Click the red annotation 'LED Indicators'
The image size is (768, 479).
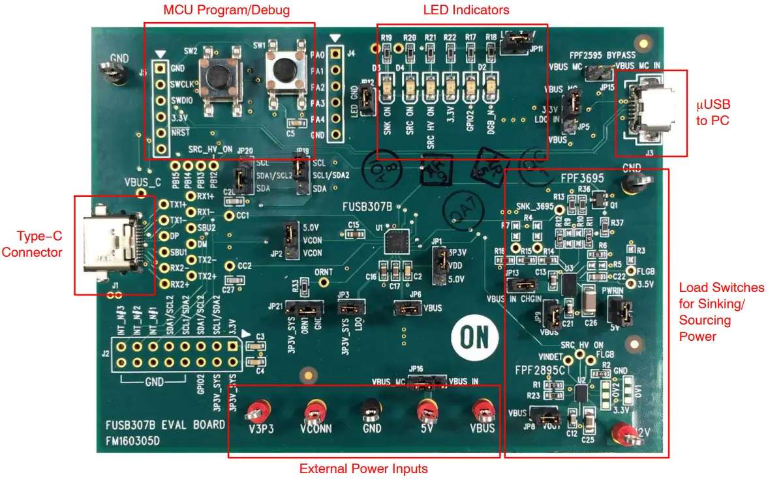[466, 10]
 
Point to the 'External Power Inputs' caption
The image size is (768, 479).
[363, 469]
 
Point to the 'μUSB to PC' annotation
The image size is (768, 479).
[712, 111]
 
